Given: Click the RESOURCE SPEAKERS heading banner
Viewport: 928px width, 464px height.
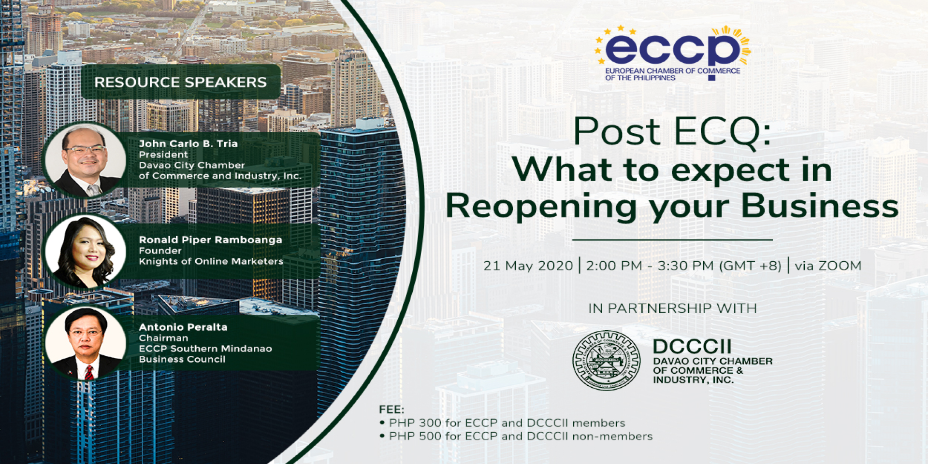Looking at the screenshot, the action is point(180,82).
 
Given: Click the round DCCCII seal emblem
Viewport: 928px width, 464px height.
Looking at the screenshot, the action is point(606,360).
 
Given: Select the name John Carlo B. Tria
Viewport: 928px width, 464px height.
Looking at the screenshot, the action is point(188,143).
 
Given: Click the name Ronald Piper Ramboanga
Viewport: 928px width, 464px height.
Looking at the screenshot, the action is point(210,239).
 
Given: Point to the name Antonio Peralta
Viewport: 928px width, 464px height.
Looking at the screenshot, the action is point(183,327).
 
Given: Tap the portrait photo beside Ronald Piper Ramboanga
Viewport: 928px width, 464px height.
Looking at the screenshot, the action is point(85,252).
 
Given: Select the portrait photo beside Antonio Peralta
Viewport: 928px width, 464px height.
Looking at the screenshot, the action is point(85,343).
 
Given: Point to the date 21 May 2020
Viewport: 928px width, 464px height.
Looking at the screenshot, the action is point(528,266).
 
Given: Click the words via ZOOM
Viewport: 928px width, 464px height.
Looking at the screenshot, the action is point(828,266).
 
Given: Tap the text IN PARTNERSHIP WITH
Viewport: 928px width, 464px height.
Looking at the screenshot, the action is point(672,308).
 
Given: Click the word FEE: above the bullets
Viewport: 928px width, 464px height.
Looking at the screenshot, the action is point(391,409).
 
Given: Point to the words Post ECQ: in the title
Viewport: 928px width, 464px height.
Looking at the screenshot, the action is point(672,132).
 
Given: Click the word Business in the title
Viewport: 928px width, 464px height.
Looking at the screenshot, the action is point(820,206).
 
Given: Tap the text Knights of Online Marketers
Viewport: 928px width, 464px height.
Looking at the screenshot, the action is point(211,261).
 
